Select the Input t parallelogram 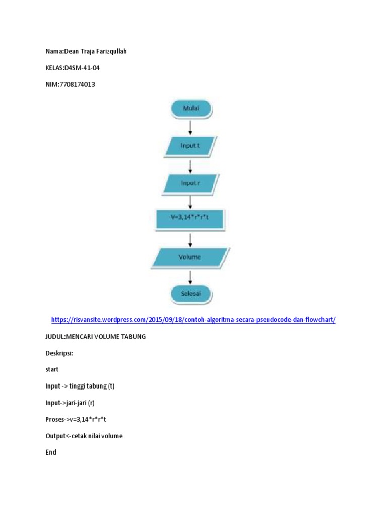190,146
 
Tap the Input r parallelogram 190,183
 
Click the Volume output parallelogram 190,257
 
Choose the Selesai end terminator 190,293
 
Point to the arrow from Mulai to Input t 190,127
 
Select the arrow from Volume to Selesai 190,276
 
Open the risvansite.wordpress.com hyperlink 193,320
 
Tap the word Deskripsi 59,353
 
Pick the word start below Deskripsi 52,369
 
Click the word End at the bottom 51,453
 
